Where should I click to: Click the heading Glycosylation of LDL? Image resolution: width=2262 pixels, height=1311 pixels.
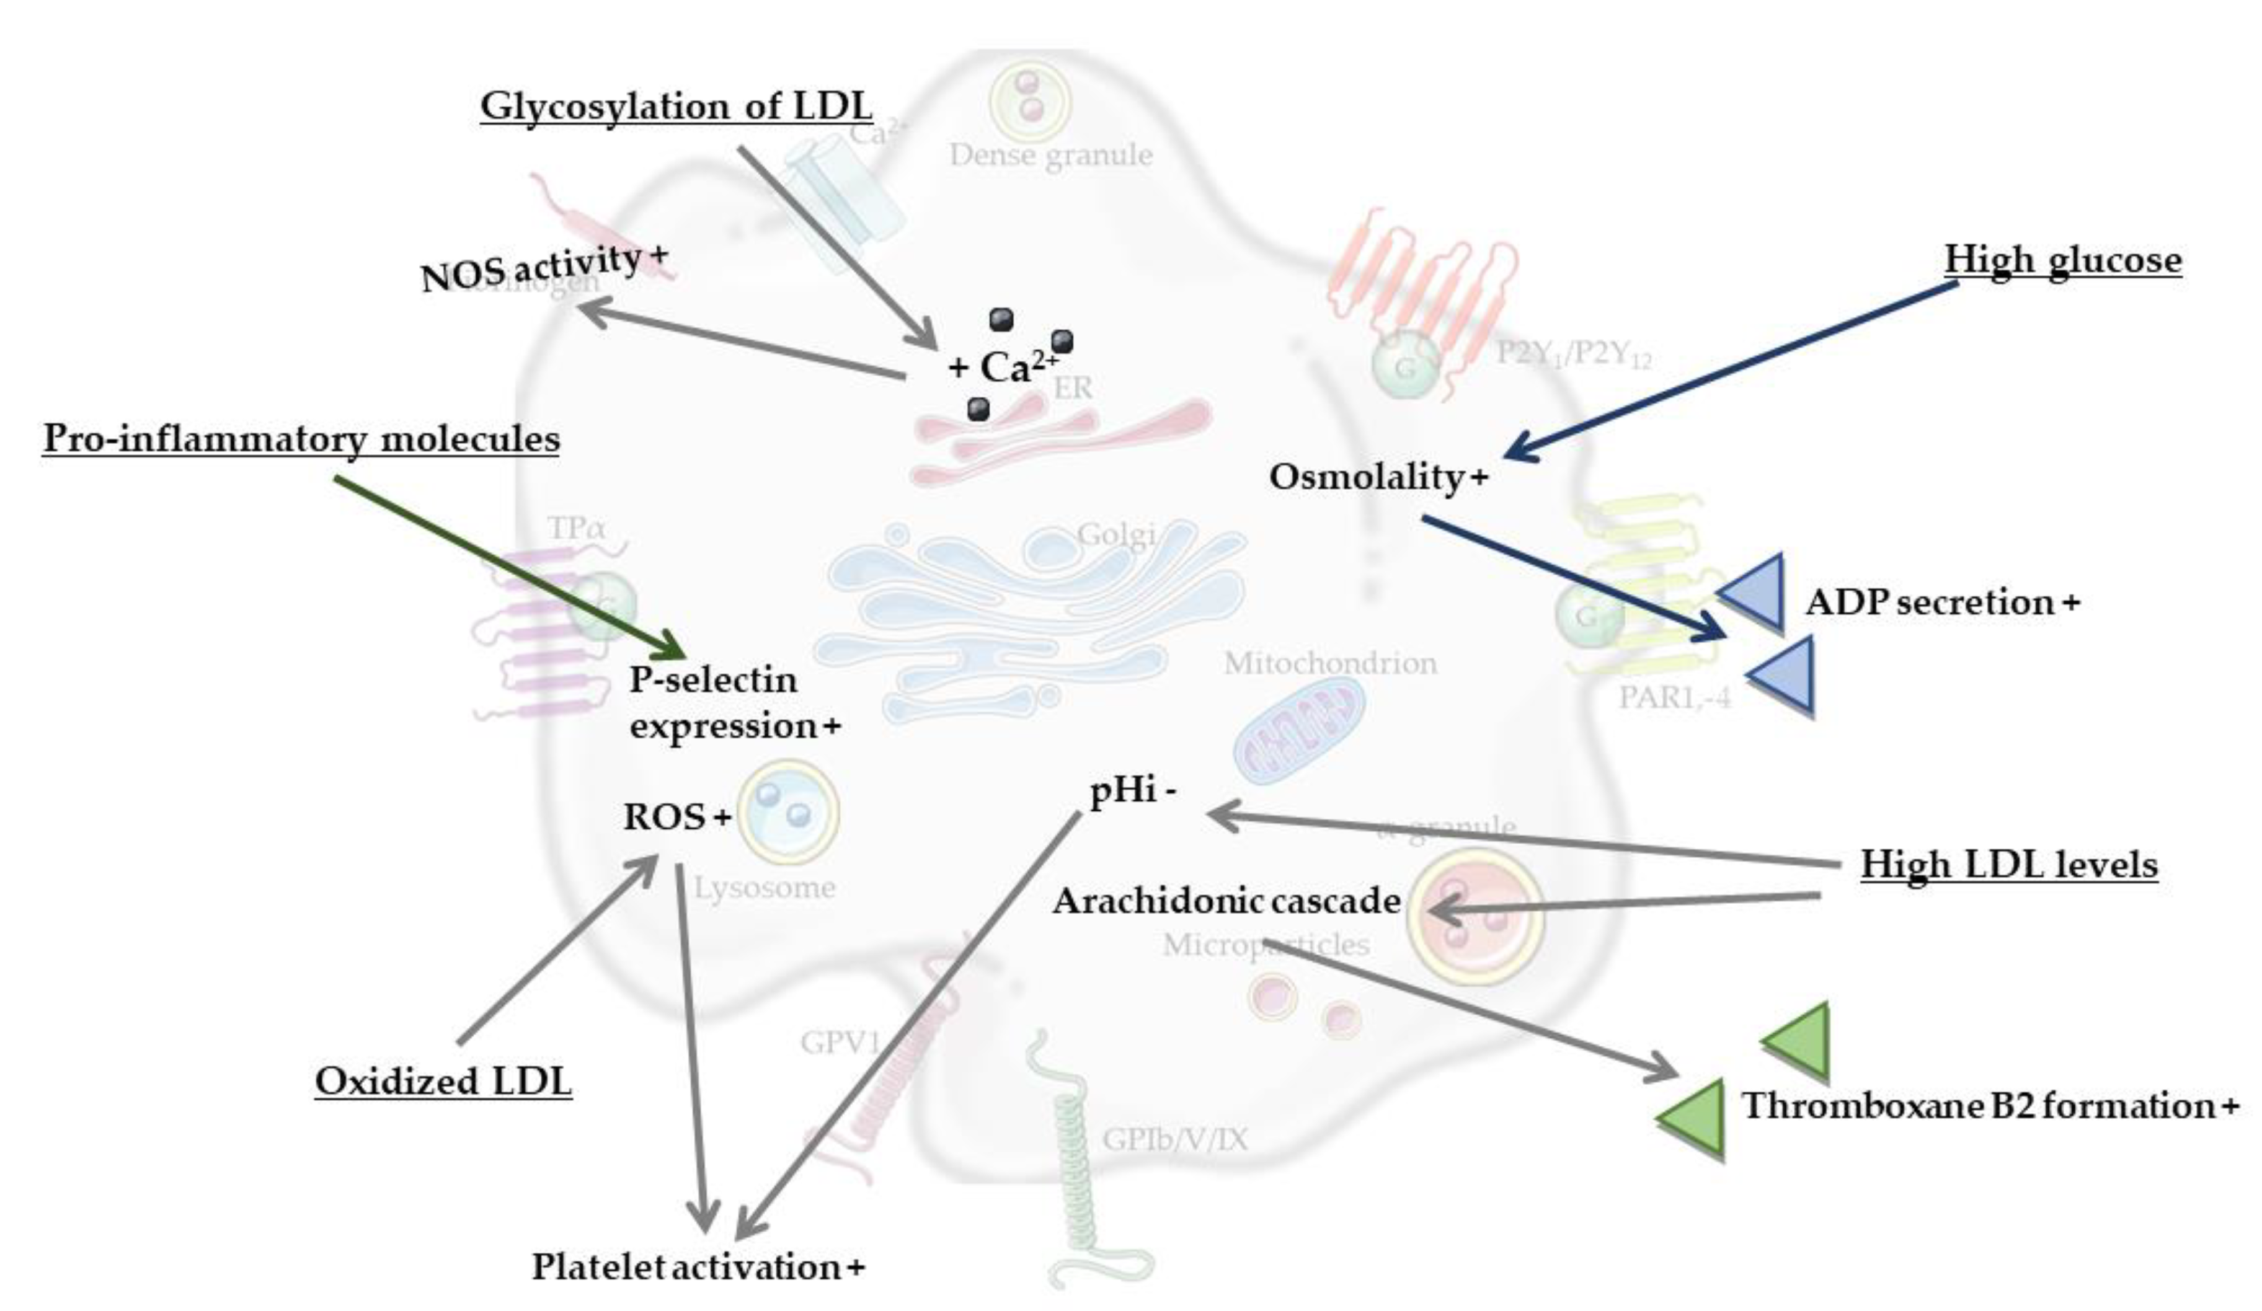676,107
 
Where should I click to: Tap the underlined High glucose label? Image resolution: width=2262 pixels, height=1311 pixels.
2063,261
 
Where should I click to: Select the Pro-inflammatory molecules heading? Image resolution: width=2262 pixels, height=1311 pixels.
301,439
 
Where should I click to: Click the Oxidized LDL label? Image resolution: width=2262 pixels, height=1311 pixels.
443,1081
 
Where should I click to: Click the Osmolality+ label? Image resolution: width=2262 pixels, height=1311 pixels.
1378,477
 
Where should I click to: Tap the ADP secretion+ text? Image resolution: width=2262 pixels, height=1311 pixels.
1941,602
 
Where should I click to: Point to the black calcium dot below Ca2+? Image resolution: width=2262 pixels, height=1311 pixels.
978,409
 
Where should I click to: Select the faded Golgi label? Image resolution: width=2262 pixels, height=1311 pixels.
1115,535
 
